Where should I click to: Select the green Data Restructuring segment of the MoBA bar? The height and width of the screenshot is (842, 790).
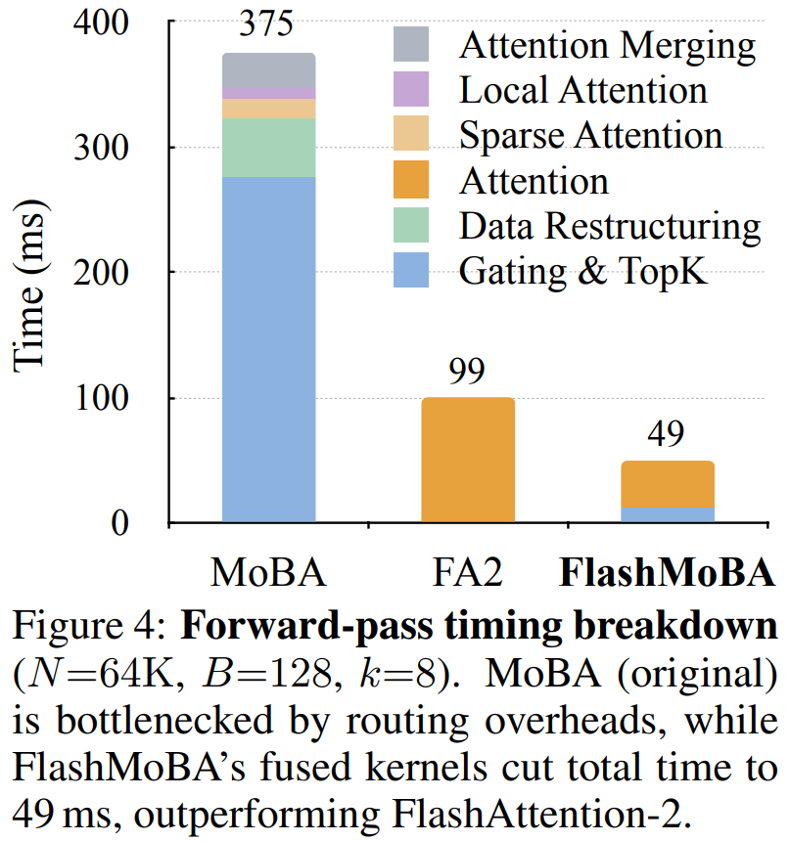point(268,148)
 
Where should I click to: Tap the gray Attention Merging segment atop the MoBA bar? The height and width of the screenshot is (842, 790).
point(268,69)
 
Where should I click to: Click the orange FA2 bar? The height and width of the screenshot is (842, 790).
point(468,460)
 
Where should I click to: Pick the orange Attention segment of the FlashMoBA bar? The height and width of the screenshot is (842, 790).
point(667,484)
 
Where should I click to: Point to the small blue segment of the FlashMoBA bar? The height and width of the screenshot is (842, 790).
point(667,515)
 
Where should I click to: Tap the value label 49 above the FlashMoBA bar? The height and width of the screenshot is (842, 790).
point(667,436)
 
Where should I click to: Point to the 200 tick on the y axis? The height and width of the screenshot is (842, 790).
point(101,273)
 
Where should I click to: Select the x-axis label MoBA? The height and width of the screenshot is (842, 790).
point(268,572)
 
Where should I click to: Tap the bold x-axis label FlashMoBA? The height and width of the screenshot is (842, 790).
point(668,572)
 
